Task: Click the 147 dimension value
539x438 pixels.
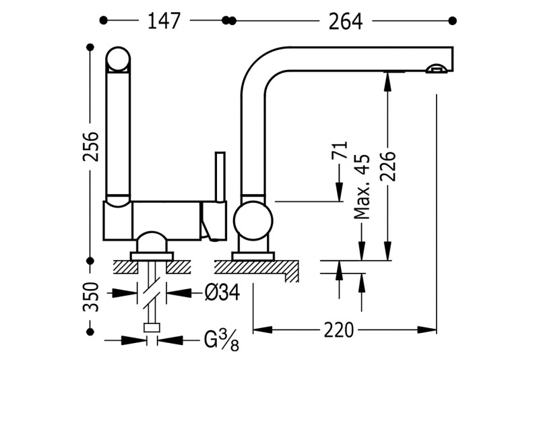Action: point(164,21)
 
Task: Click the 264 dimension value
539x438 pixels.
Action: point(346,22)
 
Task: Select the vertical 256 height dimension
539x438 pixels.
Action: point(91,146)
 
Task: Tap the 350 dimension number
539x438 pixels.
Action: point(91,296)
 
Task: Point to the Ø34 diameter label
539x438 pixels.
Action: point(222,293)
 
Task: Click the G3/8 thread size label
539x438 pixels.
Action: point(222,340)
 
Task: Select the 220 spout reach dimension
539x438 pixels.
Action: point(339,330)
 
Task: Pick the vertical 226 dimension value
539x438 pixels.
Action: point(388,166)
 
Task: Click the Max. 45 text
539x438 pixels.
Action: point(362,187)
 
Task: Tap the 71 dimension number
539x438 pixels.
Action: point(340,150)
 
